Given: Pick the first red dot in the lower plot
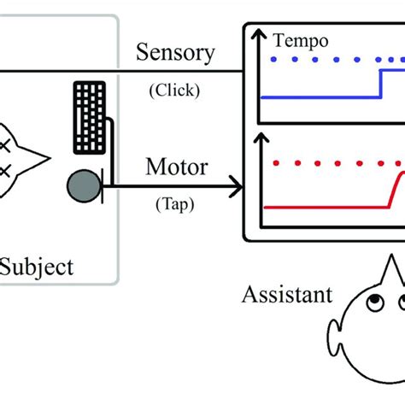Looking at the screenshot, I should coord(273,162).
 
